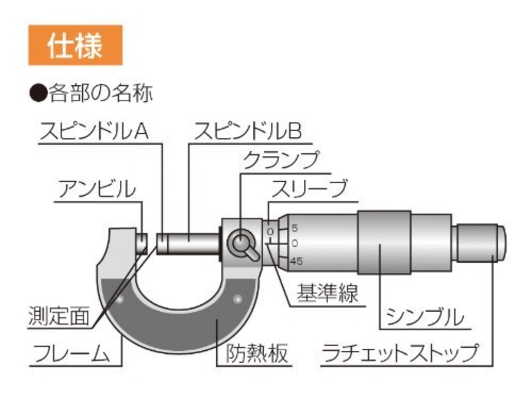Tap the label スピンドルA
coord(94,131)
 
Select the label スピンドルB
coord(248,131)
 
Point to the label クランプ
coord(281,160)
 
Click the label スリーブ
coord(309,189)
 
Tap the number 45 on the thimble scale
coord(296,261)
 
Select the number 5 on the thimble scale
coord(295,228)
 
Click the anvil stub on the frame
coord(142,243)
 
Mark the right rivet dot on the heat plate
coord(237,299)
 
